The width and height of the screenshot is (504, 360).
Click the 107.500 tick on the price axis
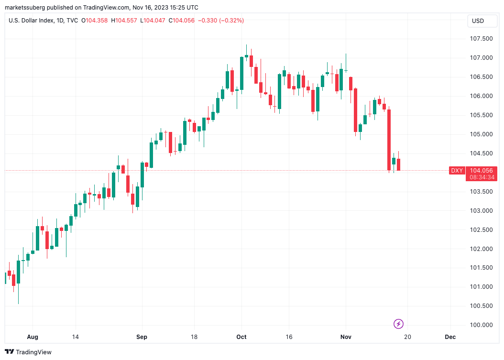coord(481,39)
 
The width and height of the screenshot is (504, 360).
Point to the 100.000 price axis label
coord(481,325)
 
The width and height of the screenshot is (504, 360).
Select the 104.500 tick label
coord(481,153)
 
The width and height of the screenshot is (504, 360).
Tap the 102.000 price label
coord(481,249)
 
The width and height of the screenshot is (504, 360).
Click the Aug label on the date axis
coord(33,337)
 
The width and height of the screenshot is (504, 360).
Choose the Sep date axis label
coord(142,337)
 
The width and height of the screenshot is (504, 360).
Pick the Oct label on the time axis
coord(241,337)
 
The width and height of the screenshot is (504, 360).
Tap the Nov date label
coord(346,337)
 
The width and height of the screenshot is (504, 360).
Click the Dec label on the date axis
coord(450,337)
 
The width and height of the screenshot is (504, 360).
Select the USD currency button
coord(478,21)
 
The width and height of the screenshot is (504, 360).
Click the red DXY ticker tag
coord(457,171)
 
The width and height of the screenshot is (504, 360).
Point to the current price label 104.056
coord(482,171)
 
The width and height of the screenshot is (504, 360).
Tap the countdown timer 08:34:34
coord(482,177)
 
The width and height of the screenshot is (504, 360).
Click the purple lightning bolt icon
coord(398,324)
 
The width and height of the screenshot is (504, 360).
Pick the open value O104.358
coord(95,21)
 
